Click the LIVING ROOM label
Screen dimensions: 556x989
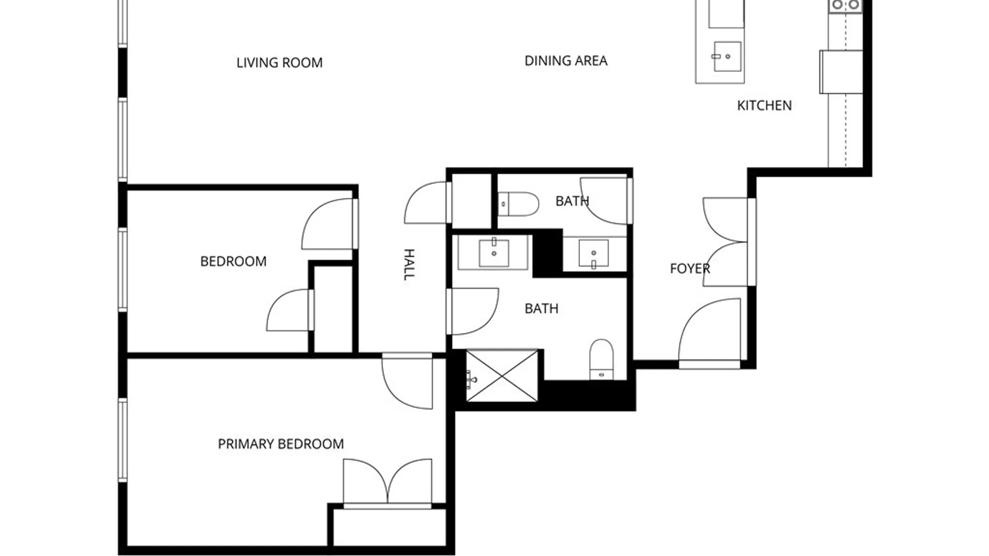point(279,63)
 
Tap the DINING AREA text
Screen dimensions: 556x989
point(566,61)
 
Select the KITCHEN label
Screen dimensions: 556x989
point(764,106)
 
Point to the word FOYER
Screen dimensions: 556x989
point(689,268)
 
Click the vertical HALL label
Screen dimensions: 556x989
point(408,264)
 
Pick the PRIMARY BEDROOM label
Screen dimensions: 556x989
point(281,444)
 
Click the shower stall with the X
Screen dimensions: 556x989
point(502,376)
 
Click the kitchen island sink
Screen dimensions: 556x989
point(727,57)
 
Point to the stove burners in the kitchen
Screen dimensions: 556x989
point(845,5)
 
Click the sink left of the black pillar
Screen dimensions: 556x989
point(493,253)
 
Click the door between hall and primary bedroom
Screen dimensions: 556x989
point(407,381)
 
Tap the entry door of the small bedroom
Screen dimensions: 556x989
point(329,224)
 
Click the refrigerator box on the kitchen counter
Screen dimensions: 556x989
point(841,72)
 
